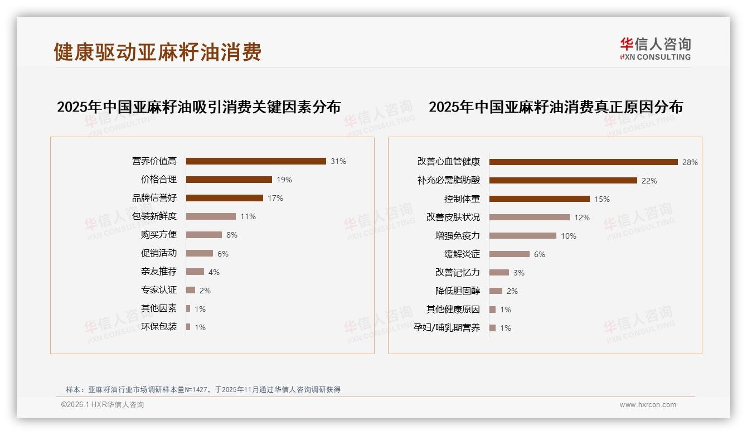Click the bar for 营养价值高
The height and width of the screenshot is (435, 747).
coord(256,161)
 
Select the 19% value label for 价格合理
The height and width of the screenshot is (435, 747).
coord(284,180)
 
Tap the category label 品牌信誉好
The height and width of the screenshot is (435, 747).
coord(154,198)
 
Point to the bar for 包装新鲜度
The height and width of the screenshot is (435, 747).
coord(211,216)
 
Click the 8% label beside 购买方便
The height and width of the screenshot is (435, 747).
coord(232,235)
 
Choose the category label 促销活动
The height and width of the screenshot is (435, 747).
coord(159,253)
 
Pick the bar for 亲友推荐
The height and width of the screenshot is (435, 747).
coord(195,272)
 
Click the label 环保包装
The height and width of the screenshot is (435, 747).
coord(159,327)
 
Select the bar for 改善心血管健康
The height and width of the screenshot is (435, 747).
coord(583,162)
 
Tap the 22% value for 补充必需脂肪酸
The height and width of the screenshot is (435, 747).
coord(649,181)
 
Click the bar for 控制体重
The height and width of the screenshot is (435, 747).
coord(539,199)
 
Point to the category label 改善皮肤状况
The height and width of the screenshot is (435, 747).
coord(453,217)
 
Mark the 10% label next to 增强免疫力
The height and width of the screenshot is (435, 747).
coord(569,236)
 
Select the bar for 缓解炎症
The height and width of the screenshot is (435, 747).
coord(510,254)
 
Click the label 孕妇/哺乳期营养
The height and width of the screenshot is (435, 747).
coord(447,328)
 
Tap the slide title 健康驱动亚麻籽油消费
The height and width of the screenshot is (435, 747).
coord(158,52)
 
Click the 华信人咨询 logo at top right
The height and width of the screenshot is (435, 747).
coord(655,49)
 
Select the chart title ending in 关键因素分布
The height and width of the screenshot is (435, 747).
coord(198,107)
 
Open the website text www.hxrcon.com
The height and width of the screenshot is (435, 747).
coord(648,405)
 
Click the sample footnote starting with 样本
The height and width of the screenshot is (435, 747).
coord(203,390)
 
